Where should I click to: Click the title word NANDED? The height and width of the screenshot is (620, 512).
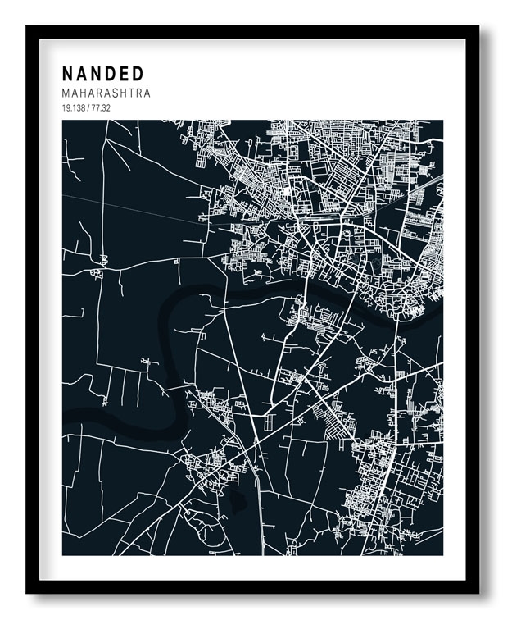pyautogui.click(x=102, y=74)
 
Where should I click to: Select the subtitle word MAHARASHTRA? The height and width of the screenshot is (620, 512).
pyautogui.click(x=106, y=93)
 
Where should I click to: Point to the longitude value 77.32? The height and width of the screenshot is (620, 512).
pyautogui.click(x=101, y=108)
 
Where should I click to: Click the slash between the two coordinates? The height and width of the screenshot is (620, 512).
pyautogui.click(x=88, y=108)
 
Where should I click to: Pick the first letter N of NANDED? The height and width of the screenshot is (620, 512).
pyautogui.click(x=68, y=74)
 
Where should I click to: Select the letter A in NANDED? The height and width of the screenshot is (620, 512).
pyautogui.click(x=82, y=74)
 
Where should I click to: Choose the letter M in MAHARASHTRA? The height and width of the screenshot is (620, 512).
pyautogui.click(x=66, y=93)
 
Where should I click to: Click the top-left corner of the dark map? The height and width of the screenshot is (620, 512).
pyautogui.click(x=63, y=121)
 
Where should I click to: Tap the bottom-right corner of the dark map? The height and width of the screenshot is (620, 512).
pyautogui.click(x=442, y=554)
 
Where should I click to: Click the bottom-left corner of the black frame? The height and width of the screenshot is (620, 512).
pyautogui.click(x=28, y=592)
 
